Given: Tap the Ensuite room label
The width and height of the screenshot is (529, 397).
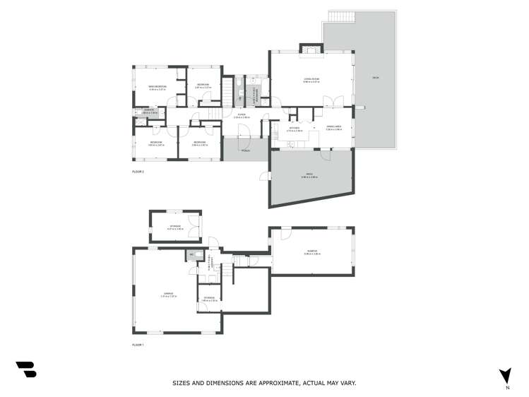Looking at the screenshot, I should pos(150,110).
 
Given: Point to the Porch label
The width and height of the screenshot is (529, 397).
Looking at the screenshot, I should pos(245,150).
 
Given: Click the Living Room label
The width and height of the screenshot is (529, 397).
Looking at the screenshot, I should pos(311,80).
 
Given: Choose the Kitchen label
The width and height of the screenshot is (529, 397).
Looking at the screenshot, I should pos(295,129).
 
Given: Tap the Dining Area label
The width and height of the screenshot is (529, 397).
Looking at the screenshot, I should pos(334,128).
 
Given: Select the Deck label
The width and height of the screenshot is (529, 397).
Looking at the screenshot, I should pos(376,77).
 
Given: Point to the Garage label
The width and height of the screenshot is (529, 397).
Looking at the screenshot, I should pos(168,294).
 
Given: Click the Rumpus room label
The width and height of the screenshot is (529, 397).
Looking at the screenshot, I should pos(312,252).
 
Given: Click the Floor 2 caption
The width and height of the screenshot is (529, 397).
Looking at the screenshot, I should pos(138,172).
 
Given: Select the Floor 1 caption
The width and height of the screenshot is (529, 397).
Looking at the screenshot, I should pos(138,345).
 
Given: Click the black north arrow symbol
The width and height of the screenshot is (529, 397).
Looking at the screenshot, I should pos(505,375).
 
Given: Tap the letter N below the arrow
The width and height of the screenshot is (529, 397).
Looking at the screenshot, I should pos(506,388).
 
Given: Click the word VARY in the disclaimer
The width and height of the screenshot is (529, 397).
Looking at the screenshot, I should pos(347,383).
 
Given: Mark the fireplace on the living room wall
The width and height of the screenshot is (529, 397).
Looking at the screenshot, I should pos(311,49).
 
